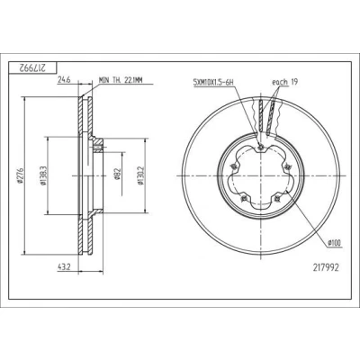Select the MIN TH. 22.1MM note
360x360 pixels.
tap(121, 80)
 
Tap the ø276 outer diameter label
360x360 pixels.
tap(20, 175)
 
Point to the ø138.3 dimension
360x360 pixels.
tap(42, 175)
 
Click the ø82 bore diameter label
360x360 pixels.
tap(117, 175)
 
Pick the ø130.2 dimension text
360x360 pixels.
tap(140, 175)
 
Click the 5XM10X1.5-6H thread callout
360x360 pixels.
tap(213, 82)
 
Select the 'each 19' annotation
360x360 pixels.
tap(284, 82)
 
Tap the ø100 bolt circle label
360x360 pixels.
tap(335, 243)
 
